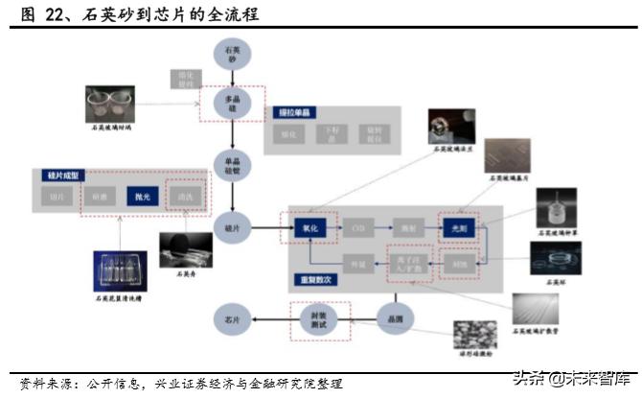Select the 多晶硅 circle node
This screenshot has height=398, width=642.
tap(231, 104)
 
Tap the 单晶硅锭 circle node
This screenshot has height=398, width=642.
tap(231, 165)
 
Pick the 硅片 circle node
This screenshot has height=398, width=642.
tap(231, 227)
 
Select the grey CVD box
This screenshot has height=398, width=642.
tap(360, 228)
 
